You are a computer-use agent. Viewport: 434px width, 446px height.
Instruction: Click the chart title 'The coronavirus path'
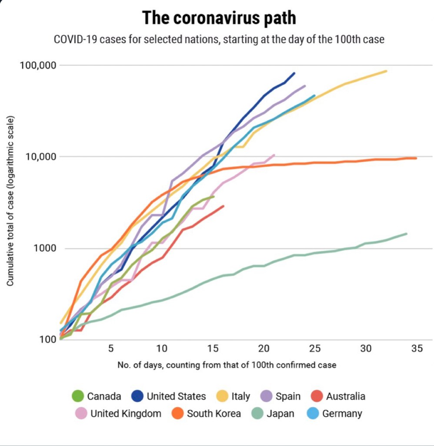[x=219, y=18]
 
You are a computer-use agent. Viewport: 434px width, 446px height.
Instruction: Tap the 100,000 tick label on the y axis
[x=39, y=65]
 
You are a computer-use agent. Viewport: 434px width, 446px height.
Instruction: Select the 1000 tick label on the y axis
[x=46, y=248]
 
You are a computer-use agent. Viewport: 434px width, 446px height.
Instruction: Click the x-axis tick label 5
[x=111, y=348]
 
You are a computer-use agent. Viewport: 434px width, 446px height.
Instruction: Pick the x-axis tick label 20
[x=264, y=348]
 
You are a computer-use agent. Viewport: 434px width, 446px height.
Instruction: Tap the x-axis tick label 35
[x=417, y=348]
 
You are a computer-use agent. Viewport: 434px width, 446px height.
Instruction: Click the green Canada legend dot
[x=78, y=396]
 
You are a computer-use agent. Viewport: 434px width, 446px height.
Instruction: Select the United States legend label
[x=176, y=396]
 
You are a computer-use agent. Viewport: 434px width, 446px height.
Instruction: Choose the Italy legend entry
[x=240, y=396]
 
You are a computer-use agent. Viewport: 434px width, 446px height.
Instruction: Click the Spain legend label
[x=288, y=396]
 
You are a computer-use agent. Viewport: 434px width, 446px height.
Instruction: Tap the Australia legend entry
[x=345, y=396]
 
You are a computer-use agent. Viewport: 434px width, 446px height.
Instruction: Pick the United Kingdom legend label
[x=126, y=413]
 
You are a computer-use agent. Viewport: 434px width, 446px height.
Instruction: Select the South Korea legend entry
[x=214, y=413]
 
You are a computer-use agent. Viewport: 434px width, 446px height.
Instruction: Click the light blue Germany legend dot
[x=313, y=413]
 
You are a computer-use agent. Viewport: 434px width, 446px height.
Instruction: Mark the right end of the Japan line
[x=407, y=233]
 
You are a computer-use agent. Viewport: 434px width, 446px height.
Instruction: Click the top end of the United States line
[x=294, y=73]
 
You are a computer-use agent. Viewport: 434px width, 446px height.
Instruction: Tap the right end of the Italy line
[x=386, y=71]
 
